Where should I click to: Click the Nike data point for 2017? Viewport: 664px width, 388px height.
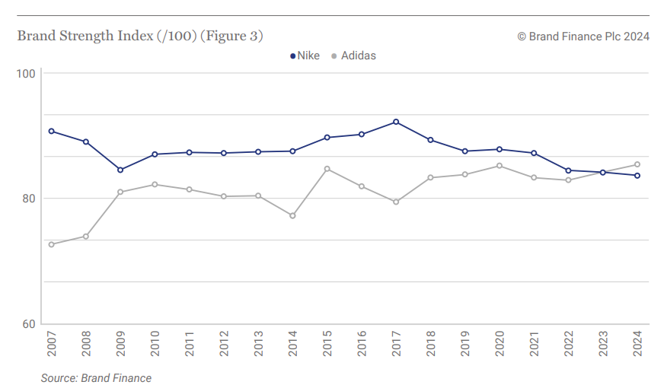click(396, 122)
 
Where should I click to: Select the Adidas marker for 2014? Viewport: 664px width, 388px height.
click(292, 215)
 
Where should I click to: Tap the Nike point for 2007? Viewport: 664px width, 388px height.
click(51, 131)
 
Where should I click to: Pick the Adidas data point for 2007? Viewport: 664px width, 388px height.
click(51, 244)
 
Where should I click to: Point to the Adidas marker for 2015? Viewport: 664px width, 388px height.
click(327, 169)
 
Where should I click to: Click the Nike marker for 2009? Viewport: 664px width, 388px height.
click(120, 170)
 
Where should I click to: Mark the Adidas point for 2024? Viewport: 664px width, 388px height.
click(637, 164)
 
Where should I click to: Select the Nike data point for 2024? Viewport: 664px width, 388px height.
click(637, 176)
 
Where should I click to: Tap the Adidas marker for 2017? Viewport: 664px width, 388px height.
click(396, 202)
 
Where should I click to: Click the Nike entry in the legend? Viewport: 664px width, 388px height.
click(305, 56)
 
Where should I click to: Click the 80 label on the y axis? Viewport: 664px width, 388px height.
click(29, 199)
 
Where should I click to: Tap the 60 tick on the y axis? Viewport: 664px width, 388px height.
click(29, 324)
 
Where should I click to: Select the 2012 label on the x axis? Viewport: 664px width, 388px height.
click(224, 344)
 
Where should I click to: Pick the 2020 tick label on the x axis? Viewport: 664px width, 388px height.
click(500, 344)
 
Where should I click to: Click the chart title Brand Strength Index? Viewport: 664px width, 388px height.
click(140, 36)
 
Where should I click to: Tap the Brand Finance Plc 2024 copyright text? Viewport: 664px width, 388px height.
click(583, 37)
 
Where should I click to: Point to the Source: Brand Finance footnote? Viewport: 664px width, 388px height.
click(96, 378)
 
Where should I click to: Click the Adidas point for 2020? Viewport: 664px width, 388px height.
click(499, 166)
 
